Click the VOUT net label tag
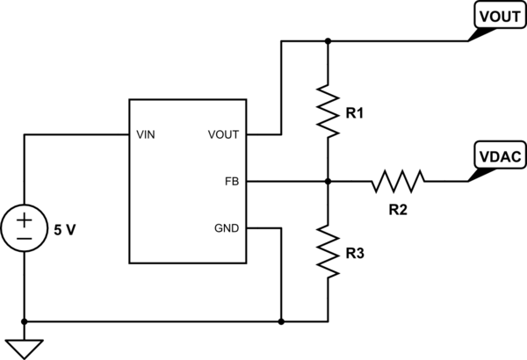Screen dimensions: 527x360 tap(500, 15)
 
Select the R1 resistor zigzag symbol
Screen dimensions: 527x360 tap(328, 112)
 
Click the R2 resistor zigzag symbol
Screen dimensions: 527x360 tap(398, 182)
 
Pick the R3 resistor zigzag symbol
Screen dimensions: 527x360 tap(328, 251)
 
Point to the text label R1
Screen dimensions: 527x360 tap(355, 114)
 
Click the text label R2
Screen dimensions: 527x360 tap(398, 210)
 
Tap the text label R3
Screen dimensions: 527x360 tap(355, 254)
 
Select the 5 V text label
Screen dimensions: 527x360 tap(65, 230)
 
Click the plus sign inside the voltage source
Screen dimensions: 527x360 tap(25, 220)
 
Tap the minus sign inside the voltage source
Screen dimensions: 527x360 tap(25, 239)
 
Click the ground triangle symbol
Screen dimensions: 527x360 tap(25, 349)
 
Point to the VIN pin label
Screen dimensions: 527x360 tap(146, 135)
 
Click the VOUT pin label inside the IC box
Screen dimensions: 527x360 tap(223, 135)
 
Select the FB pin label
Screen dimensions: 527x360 tap(232, 182)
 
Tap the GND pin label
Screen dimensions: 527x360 tap(227, 228)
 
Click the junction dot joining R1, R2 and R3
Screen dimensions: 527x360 tap(328, 182)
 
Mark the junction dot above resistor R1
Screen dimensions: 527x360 tap(328, 41)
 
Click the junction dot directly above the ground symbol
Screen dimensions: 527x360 tap(25, 321)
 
